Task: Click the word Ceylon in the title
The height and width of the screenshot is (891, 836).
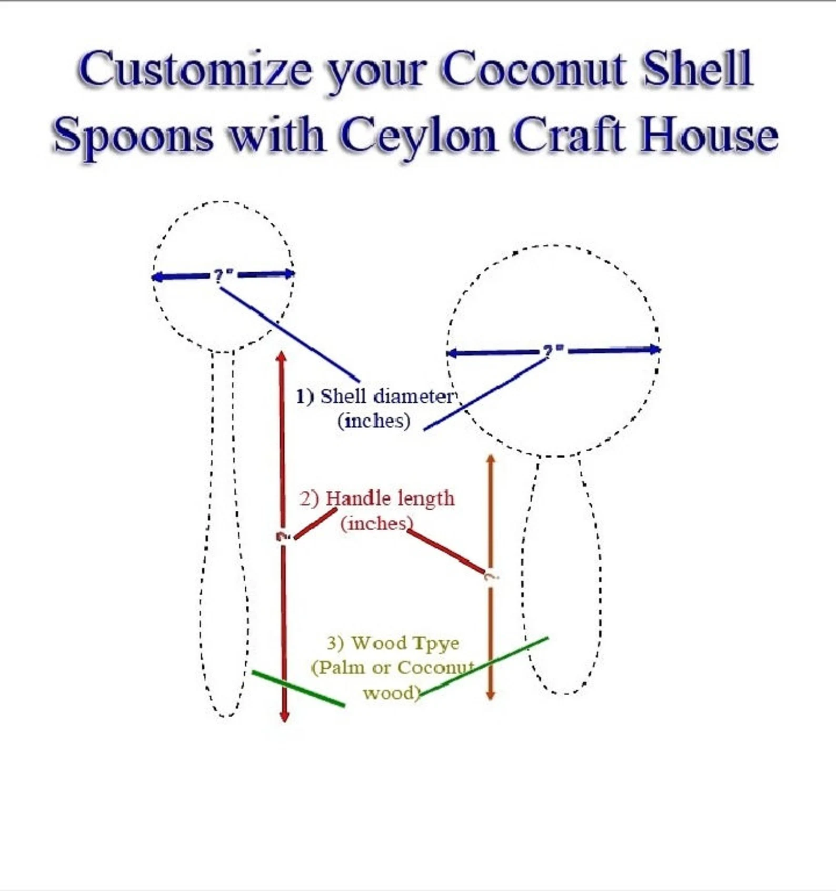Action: (419, 136)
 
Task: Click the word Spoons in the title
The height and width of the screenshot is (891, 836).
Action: (134, 136)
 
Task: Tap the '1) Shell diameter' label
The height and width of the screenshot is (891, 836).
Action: (374, 397)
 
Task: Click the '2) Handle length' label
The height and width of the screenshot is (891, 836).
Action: (377, 498)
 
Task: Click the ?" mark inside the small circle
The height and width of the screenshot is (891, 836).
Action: (223, 275)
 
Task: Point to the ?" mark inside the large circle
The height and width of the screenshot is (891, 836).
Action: (553, 350)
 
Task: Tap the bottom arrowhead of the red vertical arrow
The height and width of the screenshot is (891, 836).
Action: (284, 717)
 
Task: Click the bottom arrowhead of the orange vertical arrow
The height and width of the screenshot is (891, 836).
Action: (490, 696)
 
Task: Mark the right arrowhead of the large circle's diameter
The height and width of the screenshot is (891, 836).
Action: (655, 349)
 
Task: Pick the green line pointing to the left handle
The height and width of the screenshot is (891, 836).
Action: (298, 688)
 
